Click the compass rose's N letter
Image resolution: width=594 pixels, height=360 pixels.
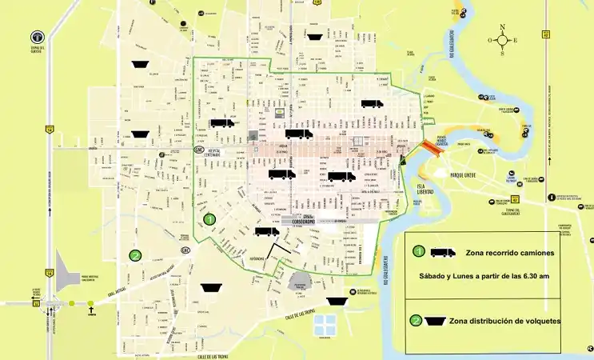coord(502,27)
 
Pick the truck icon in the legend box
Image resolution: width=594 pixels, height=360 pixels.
coord(443,252)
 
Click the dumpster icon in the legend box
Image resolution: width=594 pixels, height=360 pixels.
coord(437,322)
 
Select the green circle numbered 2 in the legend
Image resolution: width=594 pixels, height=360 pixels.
coord(416,322)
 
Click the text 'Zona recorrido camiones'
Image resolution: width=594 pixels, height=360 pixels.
coord(508,252)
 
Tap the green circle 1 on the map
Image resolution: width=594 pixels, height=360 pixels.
coord(209,218)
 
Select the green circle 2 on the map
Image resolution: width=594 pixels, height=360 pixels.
coord(136,256)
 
